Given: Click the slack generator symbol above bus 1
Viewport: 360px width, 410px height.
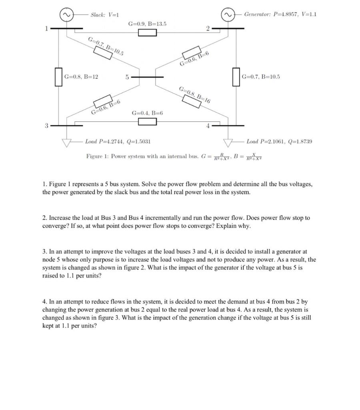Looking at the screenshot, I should coord(66,14).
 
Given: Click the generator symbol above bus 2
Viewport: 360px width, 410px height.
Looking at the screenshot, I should coord(228,14).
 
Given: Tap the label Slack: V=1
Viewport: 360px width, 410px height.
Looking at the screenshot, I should coord(104,15).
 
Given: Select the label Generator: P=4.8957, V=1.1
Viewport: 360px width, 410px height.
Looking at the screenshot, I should coord(280,14).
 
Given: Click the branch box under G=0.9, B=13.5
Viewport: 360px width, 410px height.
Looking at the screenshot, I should coord(148,32).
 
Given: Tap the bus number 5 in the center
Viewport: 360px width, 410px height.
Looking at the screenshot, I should coord(127,77).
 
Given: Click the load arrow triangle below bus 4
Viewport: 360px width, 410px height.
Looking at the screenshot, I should coord(228,141).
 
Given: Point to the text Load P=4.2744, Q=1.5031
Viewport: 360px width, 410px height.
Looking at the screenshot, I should coord(118,141).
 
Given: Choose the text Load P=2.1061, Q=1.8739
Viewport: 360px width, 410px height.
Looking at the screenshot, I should coord(279,141).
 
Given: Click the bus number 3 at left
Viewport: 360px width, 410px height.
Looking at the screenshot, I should coord(46,126).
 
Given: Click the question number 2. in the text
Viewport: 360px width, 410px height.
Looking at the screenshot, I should coord(45,218).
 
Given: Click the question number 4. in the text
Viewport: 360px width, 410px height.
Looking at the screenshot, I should coord(45,301).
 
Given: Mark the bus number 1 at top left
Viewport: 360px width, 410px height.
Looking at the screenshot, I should coord(46,28).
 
